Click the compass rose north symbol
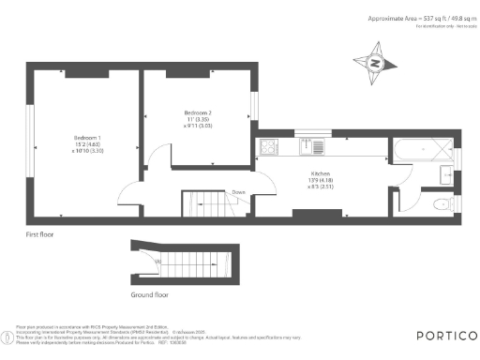click(x=374, y=65)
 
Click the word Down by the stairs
click(x=238, y=192)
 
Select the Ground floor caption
click(x=150, y=294)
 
